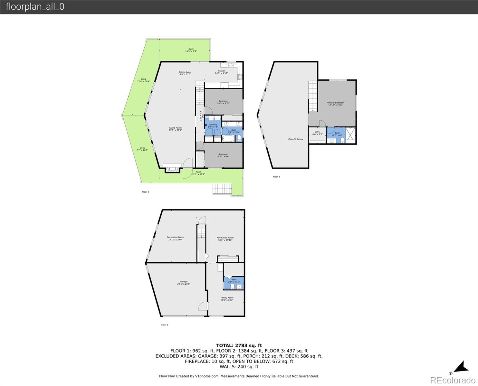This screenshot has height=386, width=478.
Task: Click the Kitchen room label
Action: point(221,71)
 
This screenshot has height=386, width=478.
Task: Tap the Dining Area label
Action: point(185,72)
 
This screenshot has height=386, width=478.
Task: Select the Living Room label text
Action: point(176,128)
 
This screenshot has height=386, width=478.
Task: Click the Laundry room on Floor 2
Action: point(213,125)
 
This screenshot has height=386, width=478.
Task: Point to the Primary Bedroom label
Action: point(335,103)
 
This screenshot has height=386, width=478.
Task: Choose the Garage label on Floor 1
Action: point(184,282)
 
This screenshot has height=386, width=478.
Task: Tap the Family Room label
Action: point(227,298)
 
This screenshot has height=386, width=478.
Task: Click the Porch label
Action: point(198,172)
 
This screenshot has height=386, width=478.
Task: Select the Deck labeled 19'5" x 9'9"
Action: point(191,49)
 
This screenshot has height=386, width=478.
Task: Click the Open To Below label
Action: point(295,139)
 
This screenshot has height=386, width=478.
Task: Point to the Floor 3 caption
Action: point(276,177)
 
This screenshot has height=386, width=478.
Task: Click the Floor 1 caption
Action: point(165,325)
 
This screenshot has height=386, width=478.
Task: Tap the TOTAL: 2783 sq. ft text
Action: point(239,345)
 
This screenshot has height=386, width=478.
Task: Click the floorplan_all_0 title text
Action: point(35,7)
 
